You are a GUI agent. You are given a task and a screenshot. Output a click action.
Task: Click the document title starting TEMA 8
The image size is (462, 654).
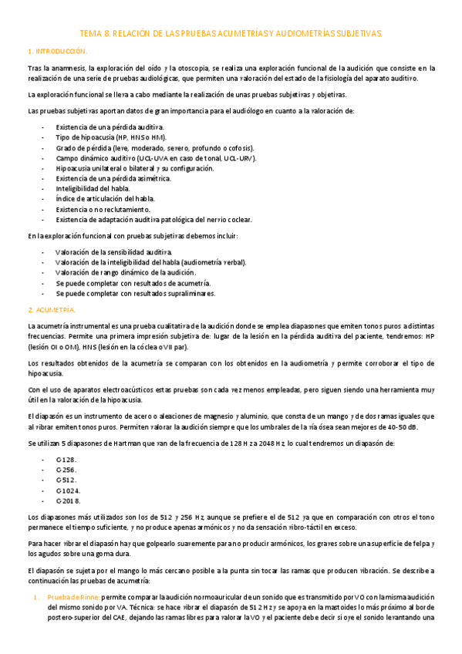(x=231, y=34)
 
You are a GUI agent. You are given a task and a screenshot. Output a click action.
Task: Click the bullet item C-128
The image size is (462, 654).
(x=66, y=459)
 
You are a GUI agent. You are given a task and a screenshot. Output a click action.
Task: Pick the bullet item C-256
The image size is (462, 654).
(x=66, y=469)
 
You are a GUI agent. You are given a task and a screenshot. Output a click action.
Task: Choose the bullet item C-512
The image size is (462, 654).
(x=66, y=480)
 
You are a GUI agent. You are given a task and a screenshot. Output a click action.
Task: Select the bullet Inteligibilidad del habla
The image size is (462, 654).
(x=93, y=188)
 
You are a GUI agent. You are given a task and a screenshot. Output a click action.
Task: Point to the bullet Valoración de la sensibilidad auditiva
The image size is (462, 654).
(x=114, y=252)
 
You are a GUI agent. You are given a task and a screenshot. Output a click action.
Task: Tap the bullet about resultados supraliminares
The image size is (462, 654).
(x=135, y=294)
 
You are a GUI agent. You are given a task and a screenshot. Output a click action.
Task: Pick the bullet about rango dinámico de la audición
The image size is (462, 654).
(x=126, y=273)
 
